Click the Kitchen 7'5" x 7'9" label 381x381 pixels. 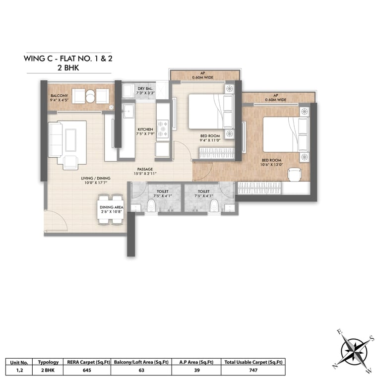145,131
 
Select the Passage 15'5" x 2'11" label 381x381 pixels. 145,171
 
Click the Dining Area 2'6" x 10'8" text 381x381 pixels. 112,209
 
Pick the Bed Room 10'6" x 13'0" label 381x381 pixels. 271,162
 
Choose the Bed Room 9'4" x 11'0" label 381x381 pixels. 210,138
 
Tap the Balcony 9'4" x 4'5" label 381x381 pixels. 60,98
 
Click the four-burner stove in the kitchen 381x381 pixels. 163,129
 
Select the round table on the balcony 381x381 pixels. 90,96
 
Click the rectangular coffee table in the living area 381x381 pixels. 71,140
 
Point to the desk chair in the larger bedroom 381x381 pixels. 295,175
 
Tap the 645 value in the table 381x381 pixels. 87,370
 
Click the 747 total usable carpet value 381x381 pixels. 253,370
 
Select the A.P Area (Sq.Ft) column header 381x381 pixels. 196,362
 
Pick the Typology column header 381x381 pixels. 48,362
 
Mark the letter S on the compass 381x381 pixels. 371,338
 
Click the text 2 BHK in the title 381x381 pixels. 68,67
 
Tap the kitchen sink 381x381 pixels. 128,111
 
